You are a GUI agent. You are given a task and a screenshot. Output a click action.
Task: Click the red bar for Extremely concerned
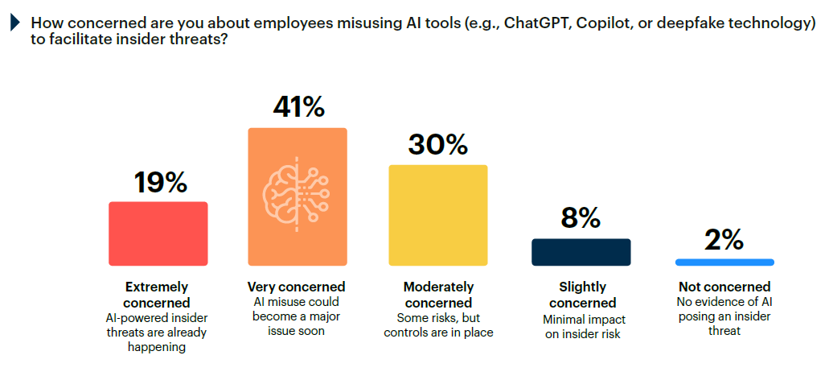(x=158, y=233)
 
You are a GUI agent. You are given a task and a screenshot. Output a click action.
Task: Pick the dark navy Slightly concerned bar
(x=581, y=252)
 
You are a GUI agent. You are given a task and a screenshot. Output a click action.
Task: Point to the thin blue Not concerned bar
(x=724, y=262)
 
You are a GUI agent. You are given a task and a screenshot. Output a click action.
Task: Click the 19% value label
(x=161, y=183)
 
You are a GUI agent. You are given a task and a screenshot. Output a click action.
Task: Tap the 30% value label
(x=438, y=145)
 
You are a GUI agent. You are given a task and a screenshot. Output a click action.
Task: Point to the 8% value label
(x=581, y=218)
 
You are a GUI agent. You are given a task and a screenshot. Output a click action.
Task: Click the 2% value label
(x=724, y=239)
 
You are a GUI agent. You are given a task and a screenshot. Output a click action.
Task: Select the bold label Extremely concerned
(x=158, y=295)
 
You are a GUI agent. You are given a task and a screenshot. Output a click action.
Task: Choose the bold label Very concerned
(x=297, y=287)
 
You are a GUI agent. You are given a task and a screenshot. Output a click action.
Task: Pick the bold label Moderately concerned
(x=438, y=295)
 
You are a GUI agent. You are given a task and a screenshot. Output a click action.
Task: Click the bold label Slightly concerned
(x=581, y=295)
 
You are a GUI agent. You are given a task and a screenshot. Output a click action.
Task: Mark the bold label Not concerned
(x=724, y=287)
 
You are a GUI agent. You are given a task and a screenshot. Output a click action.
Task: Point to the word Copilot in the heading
(x=604, y=24)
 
